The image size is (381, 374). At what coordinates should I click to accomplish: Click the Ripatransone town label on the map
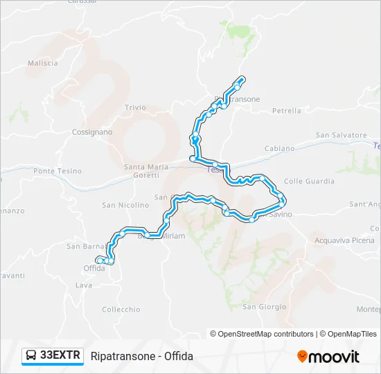coord(240,99)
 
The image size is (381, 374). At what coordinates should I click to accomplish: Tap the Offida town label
coord(94,268)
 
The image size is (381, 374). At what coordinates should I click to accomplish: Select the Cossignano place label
coord(91,132)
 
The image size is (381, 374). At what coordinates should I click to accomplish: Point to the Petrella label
coord(287,110)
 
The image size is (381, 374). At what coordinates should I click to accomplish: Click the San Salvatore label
coord(341,135)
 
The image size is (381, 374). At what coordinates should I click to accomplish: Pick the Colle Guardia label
coord(309,181)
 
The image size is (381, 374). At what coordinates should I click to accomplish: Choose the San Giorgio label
coord(264,307)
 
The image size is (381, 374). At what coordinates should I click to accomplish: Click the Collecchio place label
coord(121,310)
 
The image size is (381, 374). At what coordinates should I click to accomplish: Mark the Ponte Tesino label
coord(57,171)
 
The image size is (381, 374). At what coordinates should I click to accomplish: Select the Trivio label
coord(135,107)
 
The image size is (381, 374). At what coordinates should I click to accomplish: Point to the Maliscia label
coord(43,63)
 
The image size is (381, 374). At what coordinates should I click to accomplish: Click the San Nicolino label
coord(125,205)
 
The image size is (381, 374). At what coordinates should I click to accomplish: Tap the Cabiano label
coord(280,149)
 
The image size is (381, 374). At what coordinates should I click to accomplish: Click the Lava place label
coord(84,285)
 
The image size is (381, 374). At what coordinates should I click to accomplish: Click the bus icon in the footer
coord(31,356)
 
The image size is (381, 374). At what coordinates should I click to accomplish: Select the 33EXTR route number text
coord(60,356)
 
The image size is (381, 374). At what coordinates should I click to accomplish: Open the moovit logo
coord(328,357)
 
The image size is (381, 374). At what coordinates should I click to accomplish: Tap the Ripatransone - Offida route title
coord(142,356)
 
